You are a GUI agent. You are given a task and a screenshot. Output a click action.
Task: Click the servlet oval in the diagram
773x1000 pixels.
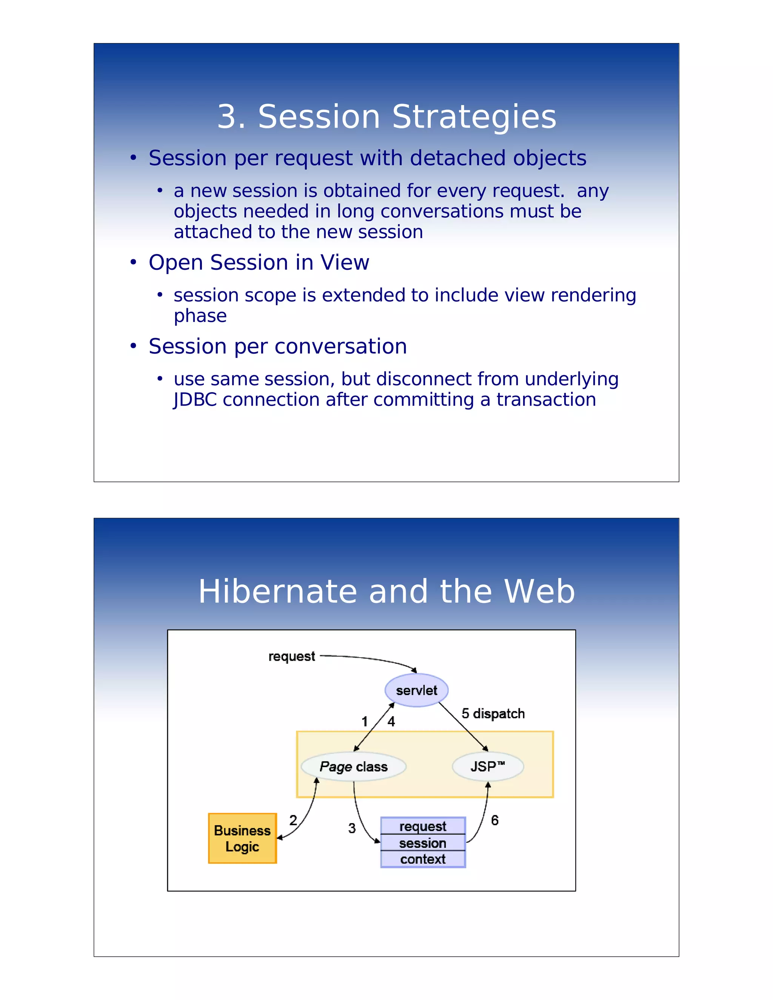(x=416, y=690)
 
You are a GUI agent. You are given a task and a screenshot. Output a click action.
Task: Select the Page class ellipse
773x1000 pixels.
(x=354, y=766)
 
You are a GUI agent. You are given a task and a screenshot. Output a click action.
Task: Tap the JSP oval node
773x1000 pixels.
(x=488, y=766)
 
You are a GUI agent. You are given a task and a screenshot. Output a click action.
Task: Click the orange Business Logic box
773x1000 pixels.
(x=242, y=838)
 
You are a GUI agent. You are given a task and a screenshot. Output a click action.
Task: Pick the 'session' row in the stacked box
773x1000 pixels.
(x=423, y=843)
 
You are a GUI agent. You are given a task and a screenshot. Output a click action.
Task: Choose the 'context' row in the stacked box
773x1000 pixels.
(x=423, y=859)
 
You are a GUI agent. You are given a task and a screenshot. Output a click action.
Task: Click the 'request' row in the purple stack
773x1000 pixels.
(x=423, y=826)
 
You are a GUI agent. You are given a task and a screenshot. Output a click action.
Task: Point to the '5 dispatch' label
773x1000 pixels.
(x=493, y=713)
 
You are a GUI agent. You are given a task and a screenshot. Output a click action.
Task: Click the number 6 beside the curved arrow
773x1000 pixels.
(x=494, y=820)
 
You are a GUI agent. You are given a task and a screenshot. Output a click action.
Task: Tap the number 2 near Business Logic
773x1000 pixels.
(x=293, y=820)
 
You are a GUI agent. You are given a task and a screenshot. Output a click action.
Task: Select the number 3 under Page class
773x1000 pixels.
(x=352, y=828)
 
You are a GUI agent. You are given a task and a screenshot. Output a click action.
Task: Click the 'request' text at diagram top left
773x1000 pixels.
(x=292, y=656)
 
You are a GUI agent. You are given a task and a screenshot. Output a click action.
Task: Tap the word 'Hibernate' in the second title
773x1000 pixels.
(x=277, y=592)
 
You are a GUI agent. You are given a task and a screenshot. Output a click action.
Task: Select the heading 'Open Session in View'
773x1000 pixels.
(x=259, y=262)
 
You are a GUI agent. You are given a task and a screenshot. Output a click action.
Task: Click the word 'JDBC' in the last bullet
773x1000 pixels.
(x=195, y=400)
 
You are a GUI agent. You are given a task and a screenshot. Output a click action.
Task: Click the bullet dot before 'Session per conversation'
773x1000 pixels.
(x=133, y=346)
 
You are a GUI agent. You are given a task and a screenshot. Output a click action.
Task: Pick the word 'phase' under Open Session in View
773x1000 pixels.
(x=200, y=316)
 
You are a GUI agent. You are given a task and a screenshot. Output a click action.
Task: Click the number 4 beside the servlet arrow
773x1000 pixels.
(x=391, y=722)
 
